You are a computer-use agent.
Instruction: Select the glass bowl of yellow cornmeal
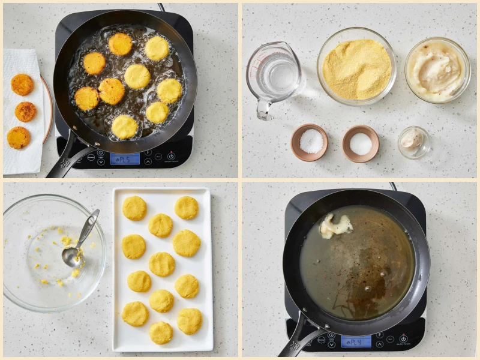356,66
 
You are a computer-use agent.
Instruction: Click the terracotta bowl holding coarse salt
310,142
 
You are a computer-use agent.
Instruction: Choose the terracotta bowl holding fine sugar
361,143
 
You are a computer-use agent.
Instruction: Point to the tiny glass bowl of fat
413,142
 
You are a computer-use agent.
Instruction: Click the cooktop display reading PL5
125,159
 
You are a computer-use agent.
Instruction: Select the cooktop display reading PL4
356,341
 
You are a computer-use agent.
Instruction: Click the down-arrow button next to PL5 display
101,162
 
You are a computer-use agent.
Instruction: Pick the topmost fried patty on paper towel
22,85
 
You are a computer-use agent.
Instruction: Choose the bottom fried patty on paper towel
19,137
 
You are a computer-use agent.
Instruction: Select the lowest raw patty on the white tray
161,332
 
